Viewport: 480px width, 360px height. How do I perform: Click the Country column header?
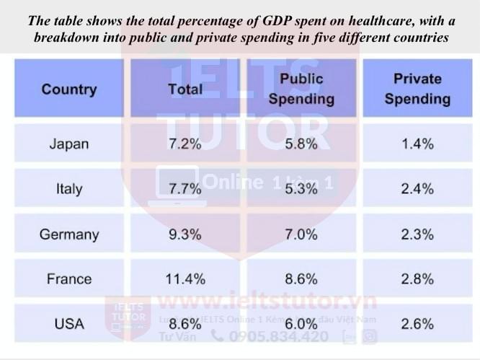coord(68,89)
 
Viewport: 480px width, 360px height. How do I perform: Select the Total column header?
coord(185,89)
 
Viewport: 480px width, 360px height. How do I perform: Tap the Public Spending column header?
coord(301,89)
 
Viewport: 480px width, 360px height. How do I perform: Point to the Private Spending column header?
coord(417,89)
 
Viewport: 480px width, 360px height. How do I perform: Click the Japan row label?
coord(68,144)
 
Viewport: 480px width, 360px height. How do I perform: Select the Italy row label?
coord(68,189)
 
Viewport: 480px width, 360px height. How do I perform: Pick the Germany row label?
coord(68,234)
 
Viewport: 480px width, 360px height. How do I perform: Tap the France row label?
coord(68,279)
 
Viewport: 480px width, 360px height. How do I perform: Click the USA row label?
coord(68,324)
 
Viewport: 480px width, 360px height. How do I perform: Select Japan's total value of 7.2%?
coord(185,144)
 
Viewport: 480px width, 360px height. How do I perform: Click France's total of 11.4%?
coord(185,279)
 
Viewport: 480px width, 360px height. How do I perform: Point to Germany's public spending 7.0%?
coord(301,234)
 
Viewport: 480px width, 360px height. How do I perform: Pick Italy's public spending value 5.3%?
coord(301,189)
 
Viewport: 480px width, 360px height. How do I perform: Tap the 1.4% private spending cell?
coord(417,144)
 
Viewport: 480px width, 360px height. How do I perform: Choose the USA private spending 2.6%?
coord(417,324)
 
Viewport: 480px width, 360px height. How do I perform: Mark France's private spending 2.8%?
coord(417,279)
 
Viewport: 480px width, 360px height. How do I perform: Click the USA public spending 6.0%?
coord(301,324)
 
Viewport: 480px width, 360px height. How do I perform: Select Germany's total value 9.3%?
coord(185,234)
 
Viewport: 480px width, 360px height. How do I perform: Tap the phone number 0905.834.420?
coord(279,336)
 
